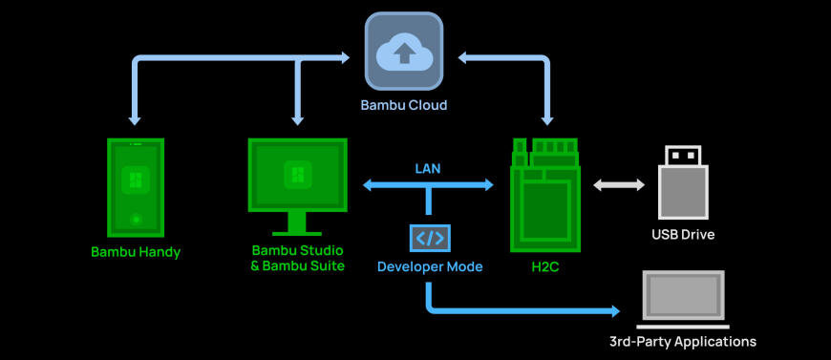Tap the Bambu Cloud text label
[x=403, y=105]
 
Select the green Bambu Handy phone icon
[x=136, y=187]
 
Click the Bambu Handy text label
[x=136, y=253]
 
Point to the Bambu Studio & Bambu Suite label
[x=297, y=259]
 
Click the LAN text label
[x=428, y=168]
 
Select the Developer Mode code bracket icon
[x=429, y=238]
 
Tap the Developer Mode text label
[x=429, y=267]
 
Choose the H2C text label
[x=544, y=267]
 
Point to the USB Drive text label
[x=683, y=234]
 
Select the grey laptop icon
[x=683, y=297]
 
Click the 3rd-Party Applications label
[x=683, y=341]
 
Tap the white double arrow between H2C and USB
[x=619, y=185]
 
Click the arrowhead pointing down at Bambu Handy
[x=136, y=120]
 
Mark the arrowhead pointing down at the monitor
[x=298, y=120]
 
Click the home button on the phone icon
[x=136, y=220]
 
